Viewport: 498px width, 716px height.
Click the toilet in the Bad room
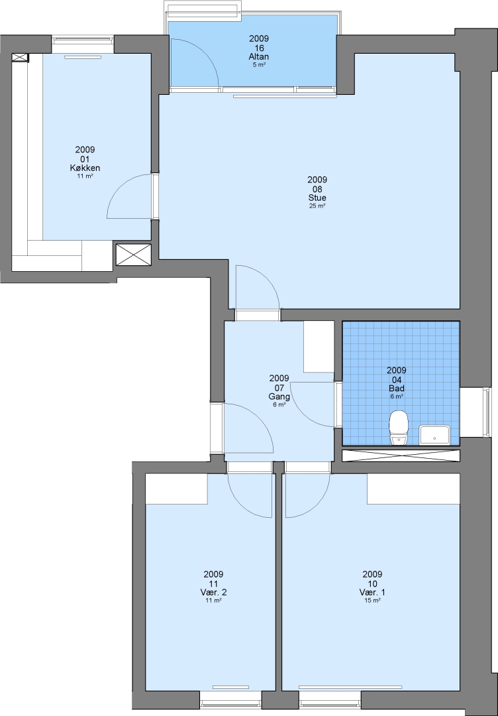click(x=399, y=428)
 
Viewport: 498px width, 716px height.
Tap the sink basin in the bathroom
click(x=434, y=435)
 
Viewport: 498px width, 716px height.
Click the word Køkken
click(x=85, y=168)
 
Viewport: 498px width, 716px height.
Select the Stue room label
click(x=317, y=198)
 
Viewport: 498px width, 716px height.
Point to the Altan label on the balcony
click(x=258, y=57)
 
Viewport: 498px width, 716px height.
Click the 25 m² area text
click(x=317, y=206)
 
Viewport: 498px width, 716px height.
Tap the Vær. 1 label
click(x=372, y=593)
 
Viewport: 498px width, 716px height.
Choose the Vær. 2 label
click(x=213, y=593)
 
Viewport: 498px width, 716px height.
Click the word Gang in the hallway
click(x=279, y=396)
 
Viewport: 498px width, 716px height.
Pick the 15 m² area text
click(x=372, y=601)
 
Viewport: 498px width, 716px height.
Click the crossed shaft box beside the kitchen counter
click(x=133, y=255)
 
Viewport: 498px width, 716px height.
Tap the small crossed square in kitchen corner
click(x=20, y=58)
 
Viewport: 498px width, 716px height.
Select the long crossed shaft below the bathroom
click(x=401, y=455)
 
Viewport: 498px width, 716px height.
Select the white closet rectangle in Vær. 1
click(x=413, y=489)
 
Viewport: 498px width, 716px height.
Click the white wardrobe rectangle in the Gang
click(x=319, y=347)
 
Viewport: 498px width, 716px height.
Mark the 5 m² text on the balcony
click(x=259, y=65)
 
